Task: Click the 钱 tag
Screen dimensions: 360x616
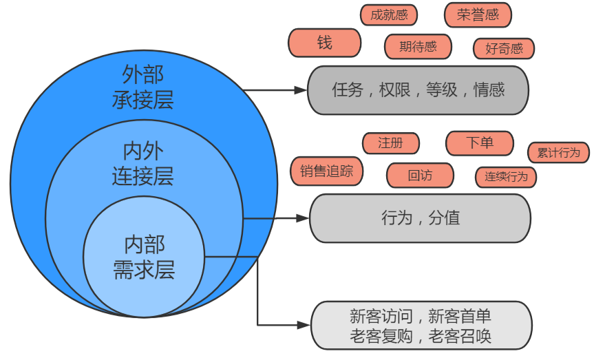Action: [324, 43]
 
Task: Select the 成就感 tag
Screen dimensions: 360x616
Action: [389, 15]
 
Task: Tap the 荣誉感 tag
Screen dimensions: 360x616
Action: [478, 15]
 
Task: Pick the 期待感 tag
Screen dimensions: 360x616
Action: [418, 47]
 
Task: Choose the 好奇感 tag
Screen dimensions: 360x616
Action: [504, 49]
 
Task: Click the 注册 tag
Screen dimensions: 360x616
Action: [390, 143]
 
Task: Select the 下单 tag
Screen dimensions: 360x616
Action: [480, 143]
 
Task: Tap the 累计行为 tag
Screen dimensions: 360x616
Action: [558, 153]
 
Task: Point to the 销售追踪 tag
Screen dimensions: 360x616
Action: [326, 171]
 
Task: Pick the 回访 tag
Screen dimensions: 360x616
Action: [420, 176]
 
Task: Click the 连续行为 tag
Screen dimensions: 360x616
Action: [506, 177]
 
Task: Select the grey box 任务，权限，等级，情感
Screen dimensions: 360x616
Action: [418, 90]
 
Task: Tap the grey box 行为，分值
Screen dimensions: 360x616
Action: [420, 218]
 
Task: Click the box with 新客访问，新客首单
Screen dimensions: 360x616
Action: [421, 325]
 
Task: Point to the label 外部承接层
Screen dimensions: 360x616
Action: [143, 87]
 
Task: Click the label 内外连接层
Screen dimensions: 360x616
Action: [143, 164]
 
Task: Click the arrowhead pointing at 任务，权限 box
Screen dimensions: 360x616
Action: [300, 90]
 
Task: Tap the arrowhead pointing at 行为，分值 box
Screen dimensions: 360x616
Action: [303, 218]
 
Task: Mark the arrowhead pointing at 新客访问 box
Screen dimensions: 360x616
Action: [304, 325]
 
